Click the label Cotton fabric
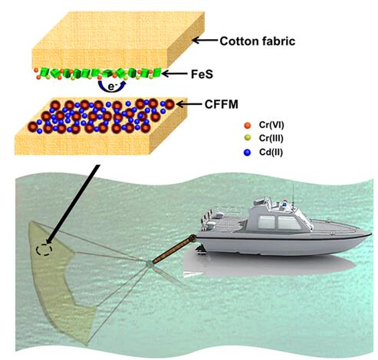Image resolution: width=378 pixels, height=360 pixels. pyautogui.click(x=258, y=41)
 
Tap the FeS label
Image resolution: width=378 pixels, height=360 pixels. pyautogui.click(x=202, y=74)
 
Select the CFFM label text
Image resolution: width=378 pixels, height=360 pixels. pyautogui.click(x=222, y=104)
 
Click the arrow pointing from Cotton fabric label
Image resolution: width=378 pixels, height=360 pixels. pyautogui.click(x=205, y=41)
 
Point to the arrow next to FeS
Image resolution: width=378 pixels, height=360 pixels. pyautogui.click(x=175, y=74)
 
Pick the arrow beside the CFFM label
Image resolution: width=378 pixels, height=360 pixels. pyautogui.click(x=189, y=104)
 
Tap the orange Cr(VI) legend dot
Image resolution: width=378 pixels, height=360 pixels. pyautogui.click(x=248, y=126)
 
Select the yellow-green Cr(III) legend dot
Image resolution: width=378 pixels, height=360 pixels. pyautogui.click(x=248, y=138)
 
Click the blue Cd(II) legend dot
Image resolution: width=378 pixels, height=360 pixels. pyautogui.click(x=248, y=152)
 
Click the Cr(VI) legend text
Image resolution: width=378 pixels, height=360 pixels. pyautogui.click(x=271, y=125)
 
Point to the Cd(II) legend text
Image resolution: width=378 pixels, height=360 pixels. pyautogui.click(x=271, y=152)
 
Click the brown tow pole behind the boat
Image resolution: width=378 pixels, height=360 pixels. pyautogui.click(x=175, y=249)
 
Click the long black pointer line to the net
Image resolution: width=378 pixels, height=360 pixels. pyautogui.click(x=73, y=204)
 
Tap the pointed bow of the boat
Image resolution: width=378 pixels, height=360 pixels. pyautogui.click(x=370, y=233)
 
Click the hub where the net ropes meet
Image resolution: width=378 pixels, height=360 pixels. pyautogui.click(x=150, y=263)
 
